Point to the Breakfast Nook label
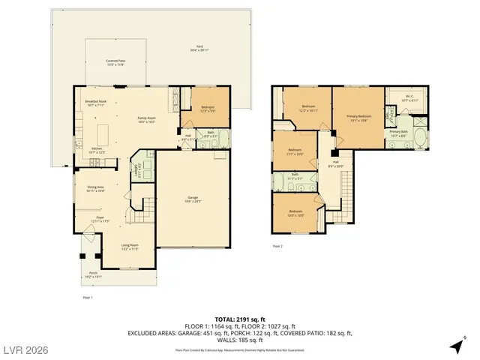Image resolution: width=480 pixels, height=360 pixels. (x=96, y=103)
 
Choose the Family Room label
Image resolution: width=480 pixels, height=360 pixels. (x=145, y=119)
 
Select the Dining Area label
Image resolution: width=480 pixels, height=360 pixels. (x=94, y=190)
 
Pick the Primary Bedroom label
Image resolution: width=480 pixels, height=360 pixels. (x=358, y=118)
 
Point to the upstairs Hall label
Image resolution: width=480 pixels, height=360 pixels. (x=335, y=164)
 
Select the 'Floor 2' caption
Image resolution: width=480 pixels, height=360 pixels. (x=277, y=246)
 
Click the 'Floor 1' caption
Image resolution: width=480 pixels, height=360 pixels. (x=86, y=298)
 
